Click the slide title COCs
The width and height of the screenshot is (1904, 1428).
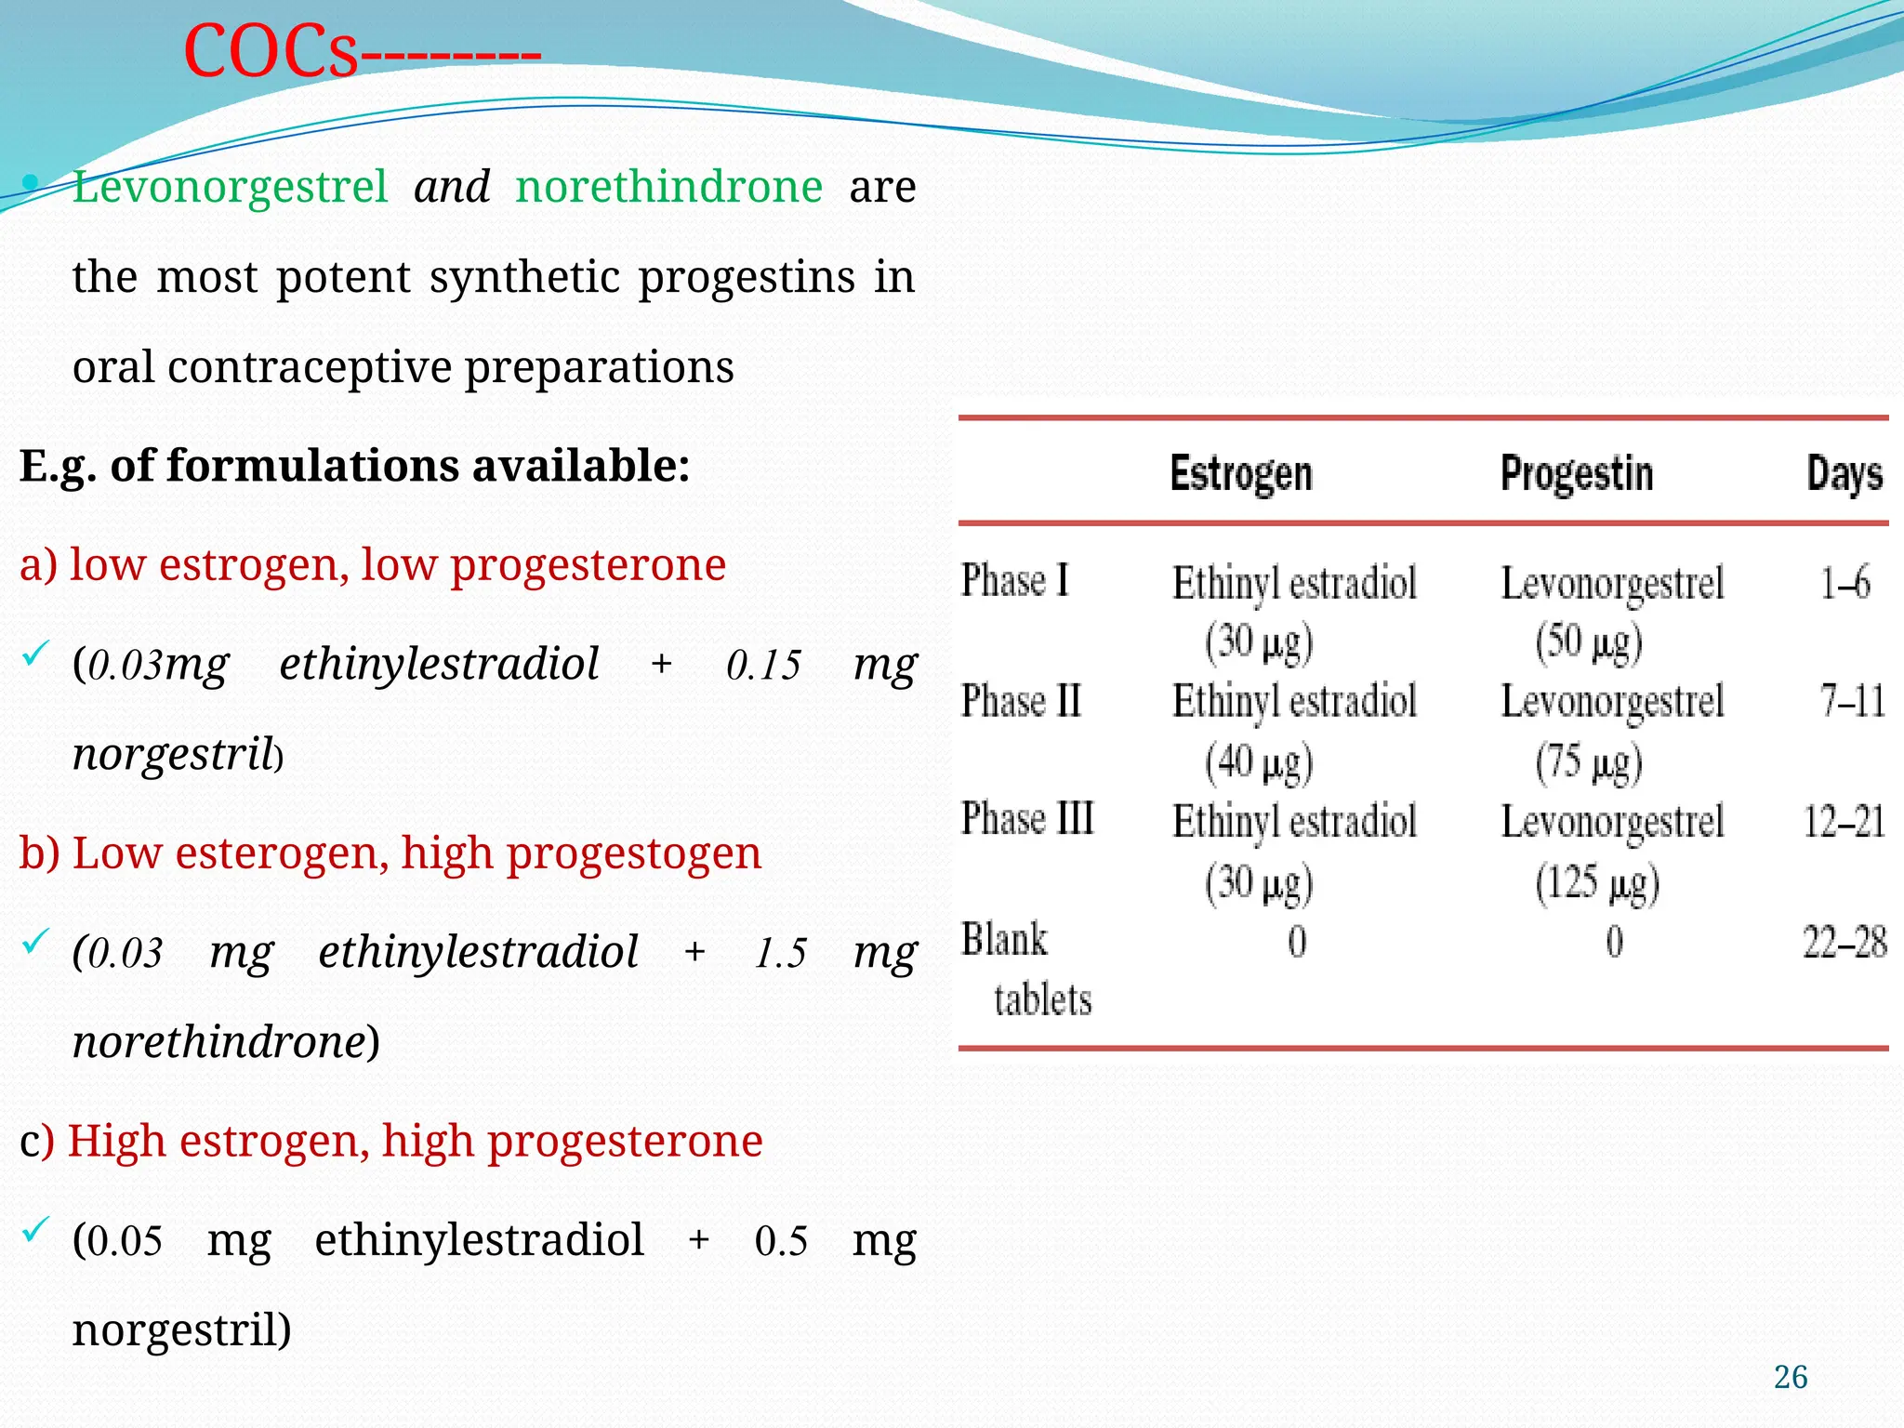point(270,51)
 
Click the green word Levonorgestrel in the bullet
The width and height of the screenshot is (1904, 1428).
point(230,187)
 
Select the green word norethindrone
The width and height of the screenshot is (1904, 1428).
point(668,187)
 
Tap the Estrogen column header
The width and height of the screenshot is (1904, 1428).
point(1240,474)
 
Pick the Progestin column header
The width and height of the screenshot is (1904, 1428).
point(1577,474)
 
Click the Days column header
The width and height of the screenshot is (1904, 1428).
point(1844,474)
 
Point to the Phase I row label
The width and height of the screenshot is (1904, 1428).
point(1014,581)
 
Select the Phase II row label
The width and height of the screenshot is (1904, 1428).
point(1021,700)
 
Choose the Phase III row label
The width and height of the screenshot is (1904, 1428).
point(1027,819)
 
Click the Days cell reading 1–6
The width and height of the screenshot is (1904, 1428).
point(1844,583)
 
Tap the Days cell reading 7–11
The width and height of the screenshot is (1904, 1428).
point(1852,701)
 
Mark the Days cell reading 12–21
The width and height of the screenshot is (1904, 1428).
point(1844,822)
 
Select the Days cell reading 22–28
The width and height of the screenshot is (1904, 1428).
point(1844,943)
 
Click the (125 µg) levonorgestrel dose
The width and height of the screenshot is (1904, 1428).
point(1596,882)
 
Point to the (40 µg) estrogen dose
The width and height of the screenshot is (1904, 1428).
point(1259,762)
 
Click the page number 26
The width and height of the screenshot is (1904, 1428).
point(1790,1377)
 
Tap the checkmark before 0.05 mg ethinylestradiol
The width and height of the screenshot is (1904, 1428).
point(33,1231)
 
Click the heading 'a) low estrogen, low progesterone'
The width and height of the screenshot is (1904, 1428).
point(372,564)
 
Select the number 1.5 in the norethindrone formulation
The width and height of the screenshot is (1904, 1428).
point(780,953)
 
